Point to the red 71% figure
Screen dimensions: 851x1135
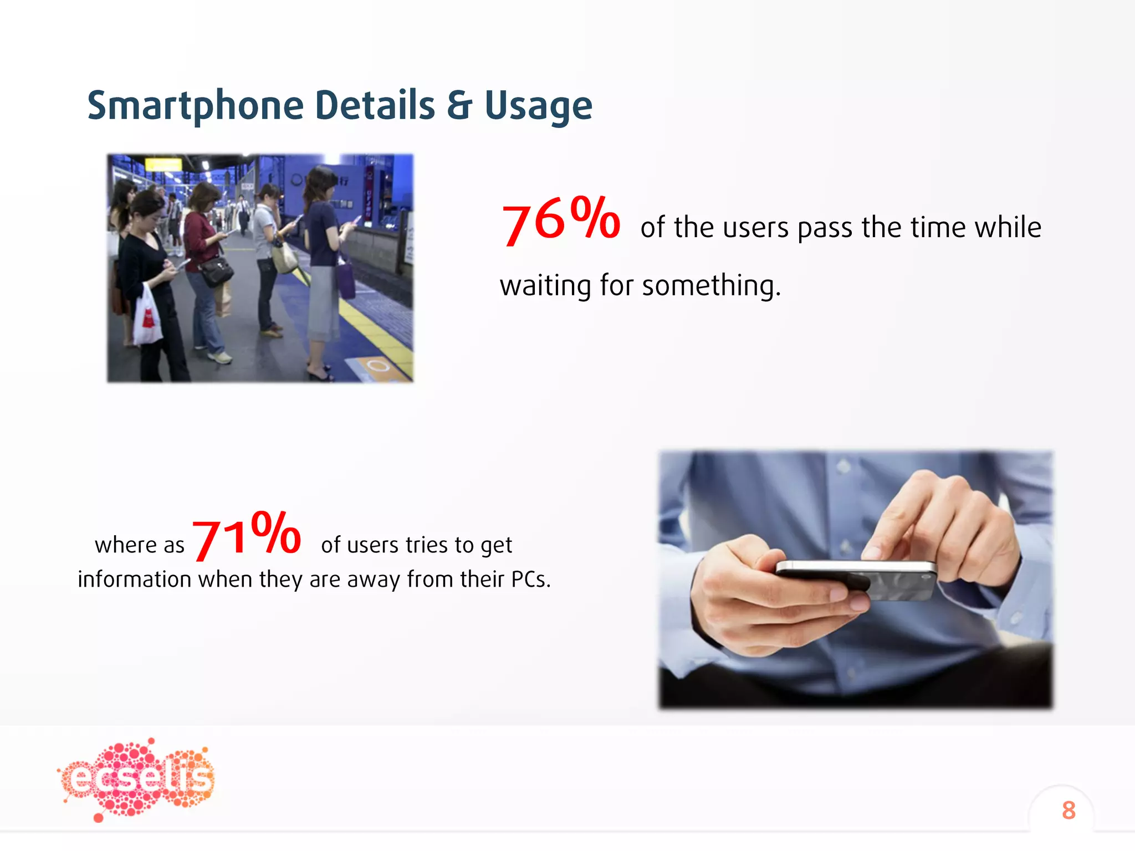246,535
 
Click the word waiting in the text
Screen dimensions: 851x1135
545,286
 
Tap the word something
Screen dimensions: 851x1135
711,286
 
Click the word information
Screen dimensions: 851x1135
134,580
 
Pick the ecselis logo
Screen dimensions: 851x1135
136,778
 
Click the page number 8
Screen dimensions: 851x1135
1068,810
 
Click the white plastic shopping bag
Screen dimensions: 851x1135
147,316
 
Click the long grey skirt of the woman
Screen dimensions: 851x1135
324,305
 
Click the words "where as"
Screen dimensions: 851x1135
139,545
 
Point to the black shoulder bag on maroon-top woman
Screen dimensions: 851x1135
216,271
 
